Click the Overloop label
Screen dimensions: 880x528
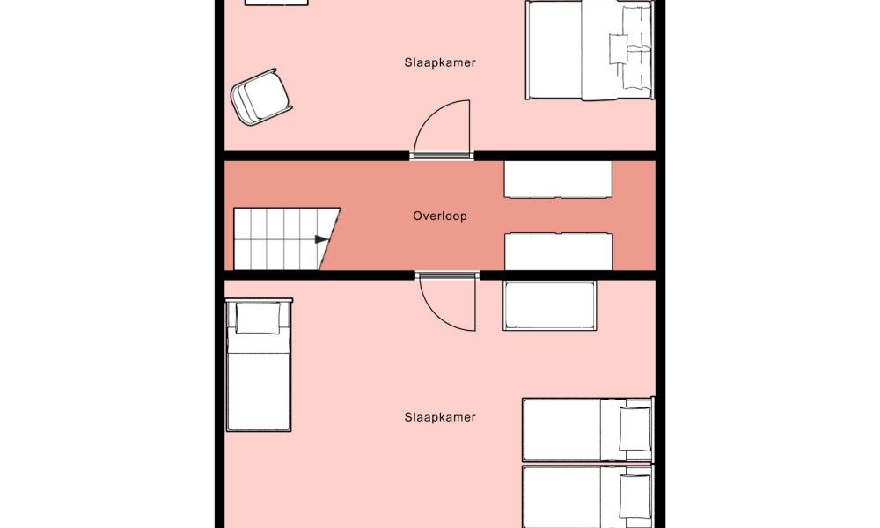pyautogui.click(x=440, y=216)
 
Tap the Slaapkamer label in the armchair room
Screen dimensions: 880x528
pyautogui.click(x=440, y=62)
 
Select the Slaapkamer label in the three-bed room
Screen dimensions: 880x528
pyautogui.click(x=440, y=417)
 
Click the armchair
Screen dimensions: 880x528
pyautogui.click(x=261, y=97)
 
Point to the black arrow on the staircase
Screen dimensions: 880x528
pyautogui.click(x=321, y=239)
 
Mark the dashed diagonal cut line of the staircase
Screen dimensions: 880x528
pyautogui.click(x=331, y=239)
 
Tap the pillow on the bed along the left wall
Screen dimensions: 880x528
pyautogui.click(x=258, y=318)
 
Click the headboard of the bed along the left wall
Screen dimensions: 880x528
pyautogui.click(x=259, y=300)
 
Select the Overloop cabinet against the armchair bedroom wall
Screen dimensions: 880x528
pyautogui.click(x=558, y=180)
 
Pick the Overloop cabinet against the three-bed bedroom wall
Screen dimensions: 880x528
pyautogui.click(x=559, y=252)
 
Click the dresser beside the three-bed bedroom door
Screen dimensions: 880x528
pyautogui.click(x=549, y=305)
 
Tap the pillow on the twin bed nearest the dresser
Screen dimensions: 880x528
pyautogui.click(x=635, y=429)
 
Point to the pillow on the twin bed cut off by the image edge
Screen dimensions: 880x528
pyautogui.click(x=635, y=496)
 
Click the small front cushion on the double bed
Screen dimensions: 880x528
pyautogui.click(x=619, y=48)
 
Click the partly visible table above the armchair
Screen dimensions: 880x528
pyautogui.click(x=276, y=3)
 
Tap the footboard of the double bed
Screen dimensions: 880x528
pyautogui.click(x=526, y=50)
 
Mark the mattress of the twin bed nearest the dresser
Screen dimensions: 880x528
pyautogui.click(x=587, y=429)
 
